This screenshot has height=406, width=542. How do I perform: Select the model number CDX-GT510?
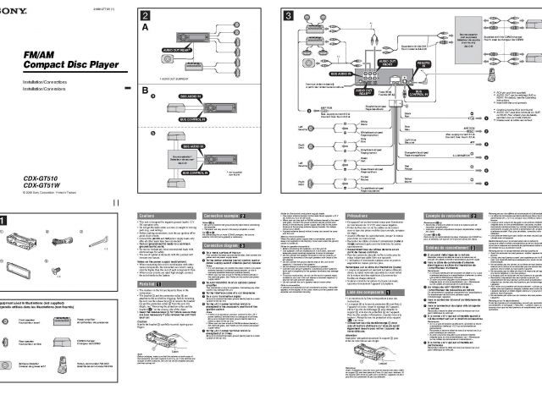coord(43,179)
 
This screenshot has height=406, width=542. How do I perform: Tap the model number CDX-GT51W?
coord(43,186)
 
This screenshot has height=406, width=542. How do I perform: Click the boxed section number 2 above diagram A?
coord(146,16)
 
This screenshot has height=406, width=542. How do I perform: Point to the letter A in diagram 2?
coord(145,27)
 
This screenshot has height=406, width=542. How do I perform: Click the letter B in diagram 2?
coord(145,90)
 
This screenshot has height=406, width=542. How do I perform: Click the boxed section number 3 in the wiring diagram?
coord(288,16)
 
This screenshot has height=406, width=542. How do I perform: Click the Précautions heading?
coord(359,217)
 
